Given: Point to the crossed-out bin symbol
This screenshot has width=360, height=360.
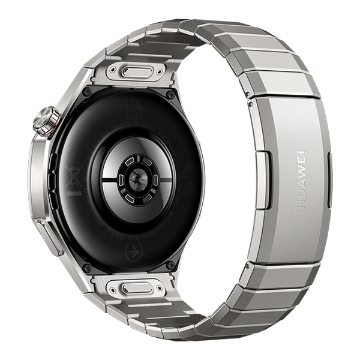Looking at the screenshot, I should pos(74,178).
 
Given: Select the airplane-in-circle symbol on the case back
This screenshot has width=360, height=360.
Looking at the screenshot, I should pos(133,251).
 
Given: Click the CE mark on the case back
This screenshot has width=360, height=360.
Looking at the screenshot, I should pos(188,175).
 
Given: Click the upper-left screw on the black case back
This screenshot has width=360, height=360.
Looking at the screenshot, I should pos(88,92).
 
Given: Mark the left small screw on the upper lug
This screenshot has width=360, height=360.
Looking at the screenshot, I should pos(112,70).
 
